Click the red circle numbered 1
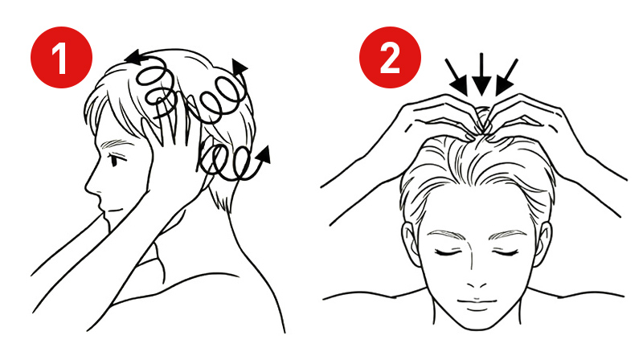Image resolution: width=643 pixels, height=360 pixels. click(x=62, y=57)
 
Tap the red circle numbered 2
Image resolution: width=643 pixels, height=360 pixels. click(x=390, y=57)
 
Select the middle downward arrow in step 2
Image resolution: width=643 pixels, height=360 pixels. click(x=481, y=75)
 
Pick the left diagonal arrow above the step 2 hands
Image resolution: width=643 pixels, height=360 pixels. click(x=457, y=77)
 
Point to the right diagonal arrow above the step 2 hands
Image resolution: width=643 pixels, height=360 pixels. click(x=506, y=77)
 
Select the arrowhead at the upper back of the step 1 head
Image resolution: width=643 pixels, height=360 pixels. click(x=240, y=67)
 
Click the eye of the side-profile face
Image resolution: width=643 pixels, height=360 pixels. click(x=113, y=159)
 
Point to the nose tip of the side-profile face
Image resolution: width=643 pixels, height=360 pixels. click(x=87, y=190)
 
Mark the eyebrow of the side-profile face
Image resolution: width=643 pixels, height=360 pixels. click(x=113, y=144)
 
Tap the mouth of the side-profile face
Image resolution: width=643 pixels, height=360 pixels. click(x=114, y=211)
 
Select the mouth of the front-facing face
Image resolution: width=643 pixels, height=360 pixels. click(x=477, y=304)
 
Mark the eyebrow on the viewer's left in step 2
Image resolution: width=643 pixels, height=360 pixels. click(x=445, y=235)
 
